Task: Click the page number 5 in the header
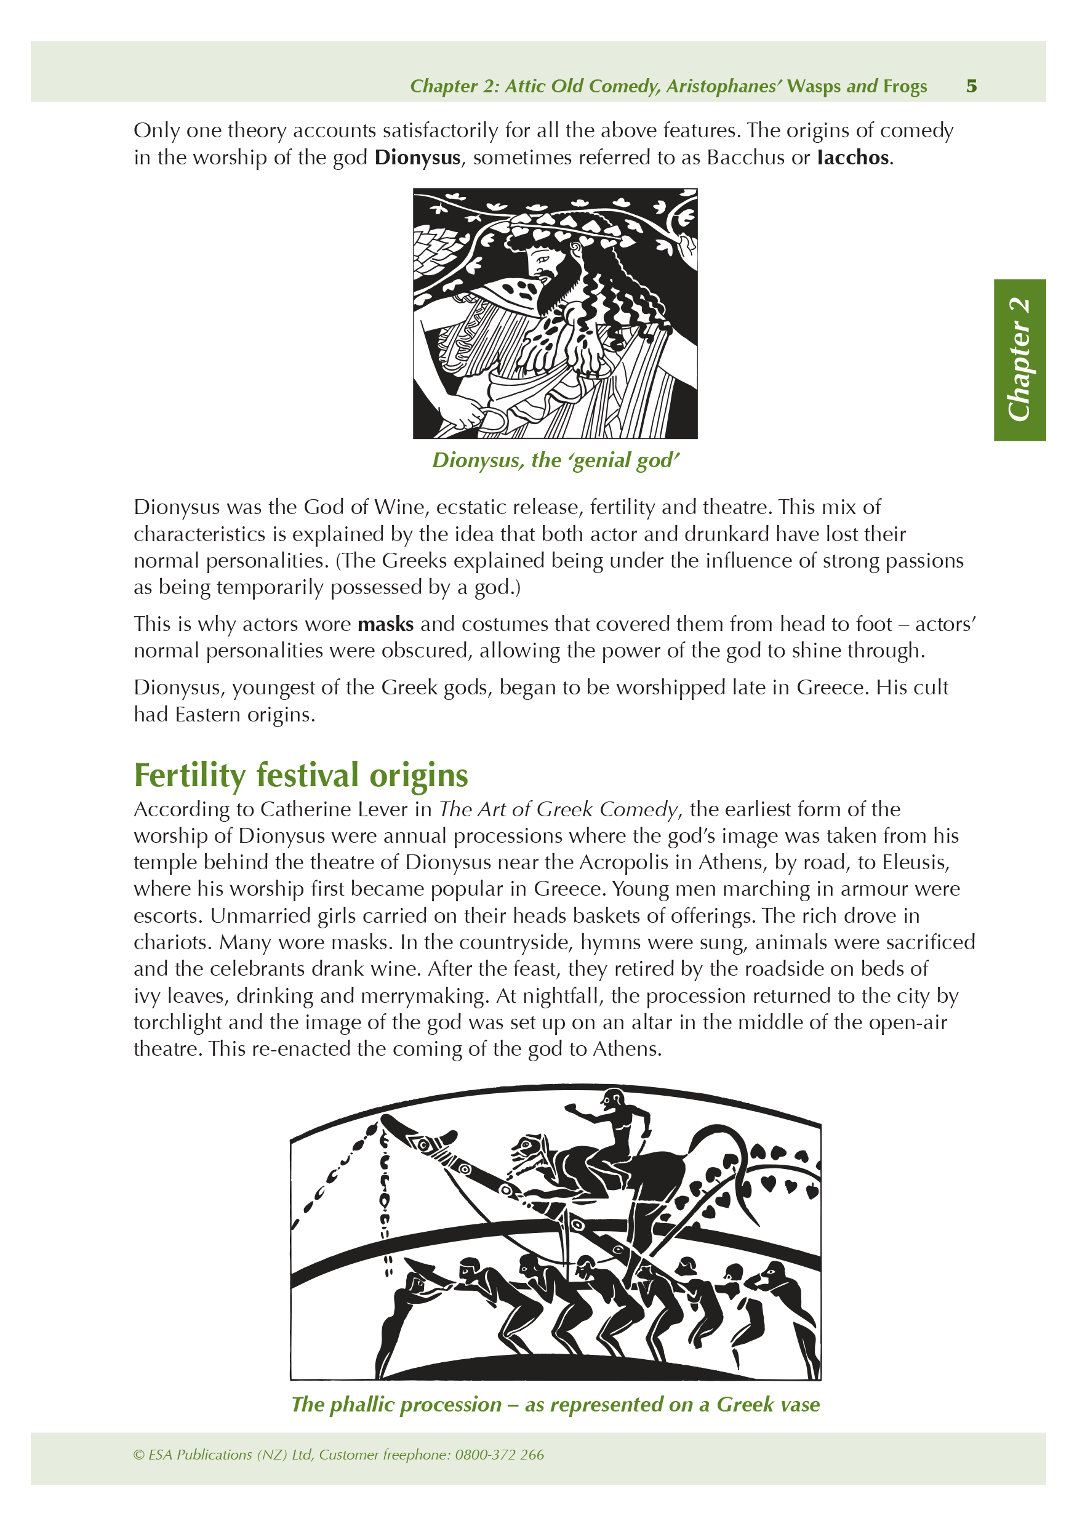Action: [x=971, y=86]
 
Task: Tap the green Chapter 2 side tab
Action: [x=1019, y=359]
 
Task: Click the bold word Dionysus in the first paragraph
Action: [x=417, y=158]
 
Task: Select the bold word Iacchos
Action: [x=852, y=158]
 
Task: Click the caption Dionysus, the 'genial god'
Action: [x=556, y=460]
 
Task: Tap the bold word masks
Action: [x=385, y=624]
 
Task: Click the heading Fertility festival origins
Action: [x=301, y=775]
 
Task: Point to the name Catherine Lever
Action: [x=336, y=809]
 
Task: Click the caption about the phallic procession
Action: [x=556, y=1404]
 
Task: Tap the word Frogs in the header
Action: [x=905, y=86]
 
